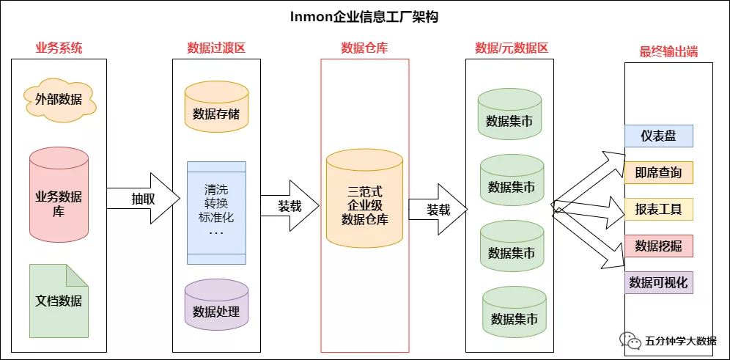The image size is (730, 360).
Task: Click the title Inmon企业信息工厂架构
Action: click(x=364, y=16)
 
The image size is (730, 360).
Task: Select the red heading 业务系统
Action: click(x=59, y=48)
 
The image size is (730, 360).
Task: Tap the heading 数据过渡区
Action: click(x=216, y=48)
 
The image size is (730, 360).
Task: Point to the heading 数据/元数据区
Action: click(x=512, y=48)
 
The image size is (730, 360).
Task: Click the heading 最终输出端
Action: click(x=668, y=52)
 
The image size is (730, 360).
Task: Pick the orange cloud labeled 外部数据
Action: click(x=59, y=99)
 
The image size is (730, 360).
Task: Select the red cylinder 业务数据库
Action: click(x=59, y=196)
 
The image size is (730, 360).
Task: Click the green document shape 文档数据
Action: click(x=59, y=301)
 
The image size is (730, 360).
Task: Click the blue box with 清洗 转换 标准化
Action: click(x=216, y=213)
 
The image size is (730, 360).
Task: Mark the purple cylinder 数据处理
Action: click(x=216, y=310)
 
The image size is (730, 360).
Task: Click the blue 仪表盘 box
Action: click(x=658, y=136)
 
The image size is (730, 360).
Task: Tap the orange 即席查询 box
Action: click(x=658, y=172)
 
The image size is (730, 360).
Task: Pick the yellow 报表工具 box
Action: click(x=658, y=209)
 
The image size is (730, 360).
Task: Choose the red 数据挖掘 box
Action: click(x=658, y=246)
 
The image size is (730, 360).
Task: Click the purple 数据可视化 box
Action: click(x=658, y=282)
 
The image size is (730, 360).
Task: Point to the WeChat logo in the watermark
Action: click(x=630, y=341)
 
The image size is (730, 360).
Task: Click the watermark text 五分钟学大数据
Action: click(x=681, y=341)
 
